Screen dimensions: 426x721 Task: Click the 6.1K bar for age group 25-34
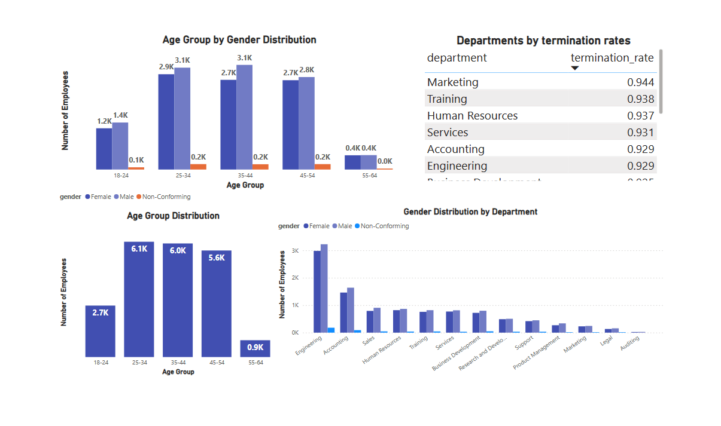(139, 299)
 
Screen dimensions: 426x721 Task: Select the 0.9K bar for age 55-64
(255, 348)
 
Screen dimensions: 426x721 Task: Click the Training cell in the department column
(447, 99)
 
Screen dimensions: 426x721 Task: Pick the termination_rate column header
(612, 58)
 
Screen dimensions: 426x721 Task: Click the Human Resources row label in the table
(472, 116)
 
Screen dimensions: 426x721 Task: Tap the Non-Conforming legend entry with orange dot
(163, 197)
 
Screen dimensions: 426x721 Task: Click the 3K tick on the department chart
(295, 251)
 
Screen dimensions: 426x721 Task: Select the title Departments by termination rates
(543, 41)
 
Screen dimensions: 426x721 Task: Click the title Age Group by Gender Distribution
(239, 40)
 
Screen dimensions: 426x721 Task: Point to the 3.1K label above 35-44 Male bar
(244, 58)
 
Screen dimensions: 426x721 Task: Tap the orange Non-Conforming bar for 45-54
(323, 167)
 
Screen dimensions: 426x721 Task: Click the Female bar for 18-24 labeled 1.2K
(104, 149)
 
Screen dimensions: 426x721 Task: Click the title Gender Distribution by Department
(470, 212)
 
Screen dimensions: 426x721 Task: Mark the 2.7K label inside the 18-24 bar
(100, 312)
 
